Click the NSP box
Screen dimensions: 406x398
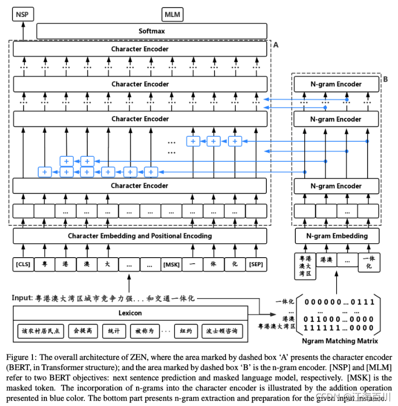tap(22, 14)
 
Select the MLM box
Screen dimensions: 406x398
tap(173, 14)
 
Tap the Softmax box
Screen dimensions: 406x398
tap(151, 31)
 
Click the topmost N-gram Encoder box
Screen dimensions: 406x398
tap(335, 84)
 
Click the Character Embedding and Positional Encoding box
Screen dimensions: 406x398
tap(140, 236)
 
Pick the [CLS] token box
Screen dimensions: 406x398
tap(22, 264)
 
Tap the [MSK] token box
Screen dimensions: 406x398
tap(172, 264)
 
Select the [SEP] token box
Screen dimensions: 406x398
tap(256, 264)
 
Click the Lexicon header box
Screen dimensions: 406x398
tap(130, 313)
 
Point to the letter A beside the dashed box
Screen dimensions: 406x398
tap(275, 45)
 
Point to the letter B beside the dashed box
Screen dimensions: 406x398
tap(385, 79)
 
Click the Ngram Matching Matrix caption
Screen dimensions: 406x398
tap(340, 341)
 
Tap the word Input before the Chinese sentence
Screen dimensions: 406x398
tap(22, 298)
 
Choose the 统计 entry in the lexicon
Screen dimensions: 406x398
tap(114, 331)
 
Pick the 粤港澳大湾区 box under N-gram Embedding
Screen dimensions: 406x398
tap(304, 266)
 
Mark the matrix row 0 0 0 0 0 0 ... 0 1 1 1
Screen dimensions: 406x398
tap(339, 302)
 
